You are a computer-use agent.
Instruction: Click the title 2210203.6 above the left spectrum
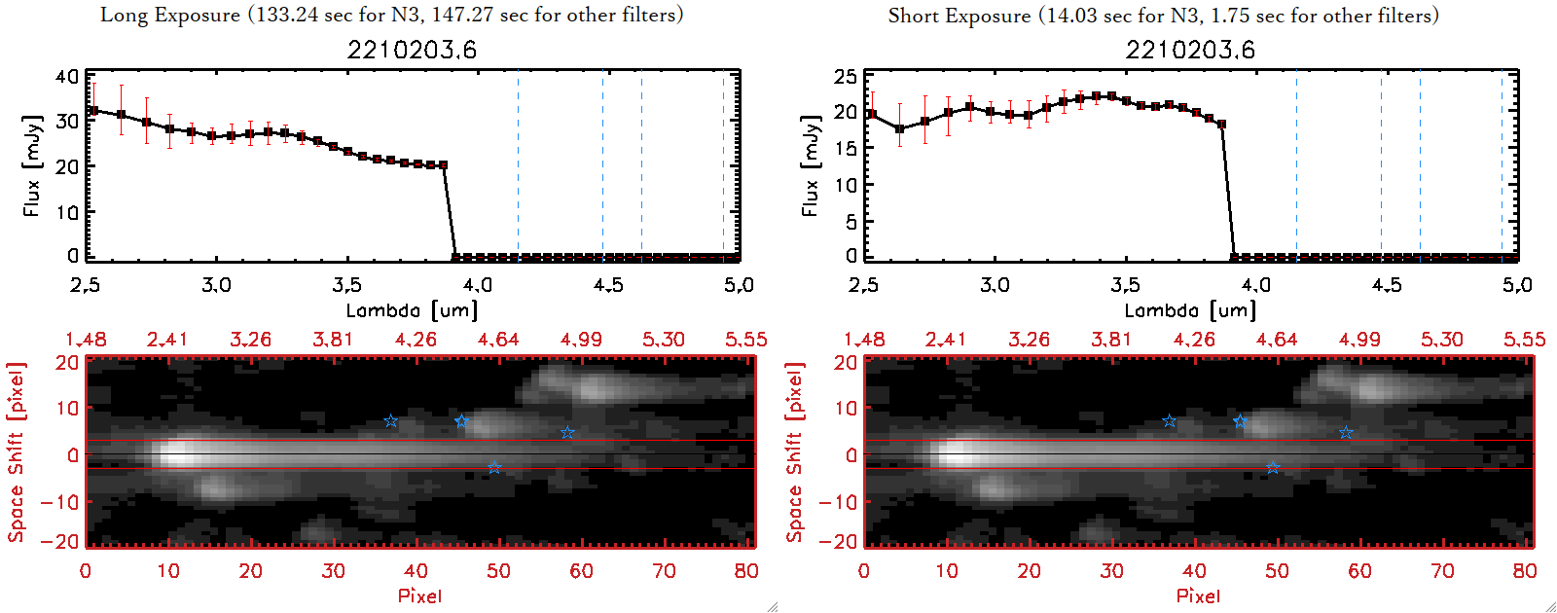(412, 50)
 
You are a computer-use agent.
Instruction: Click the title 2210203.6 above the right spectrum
(1190, 50)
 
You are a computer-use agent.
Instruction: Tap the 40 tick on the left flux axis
(67, 76)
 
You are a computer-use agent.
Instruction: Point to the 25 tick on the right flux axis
(846, 76)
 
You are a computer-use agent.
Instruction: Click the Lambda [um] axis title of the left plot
(412, 310)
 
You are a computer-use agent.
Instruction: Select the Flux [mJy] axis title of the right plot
(810, 165)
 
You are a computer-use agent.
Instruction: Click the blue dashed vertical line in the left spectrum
(518, 165)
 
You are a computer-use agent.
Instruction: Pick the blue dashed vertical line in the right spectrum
(1296, 165)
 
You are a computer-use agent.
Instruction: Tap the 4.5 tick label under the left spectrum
(608, 285)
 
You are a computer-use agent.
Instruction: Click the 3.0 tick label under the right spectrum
(995, 285)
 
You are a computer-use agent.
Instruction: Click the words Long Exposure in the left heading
(170, 15)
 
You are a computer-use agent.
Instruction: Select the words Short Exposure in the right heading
(960, 16)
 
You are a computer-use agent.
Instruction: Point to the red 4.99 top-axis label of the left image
(581, 340)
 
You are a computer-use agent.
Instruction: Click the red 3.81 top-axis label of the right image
(1111, 340)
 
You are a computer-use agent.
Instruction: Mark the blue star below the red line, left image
(494, 468)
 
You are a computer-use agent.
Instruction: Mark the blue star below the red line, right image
(1273, 468)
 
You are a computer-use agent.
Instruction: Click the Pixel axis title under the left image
(419, 595)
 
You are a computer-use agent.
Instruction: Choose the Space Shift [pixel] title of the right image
(795, 451)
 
